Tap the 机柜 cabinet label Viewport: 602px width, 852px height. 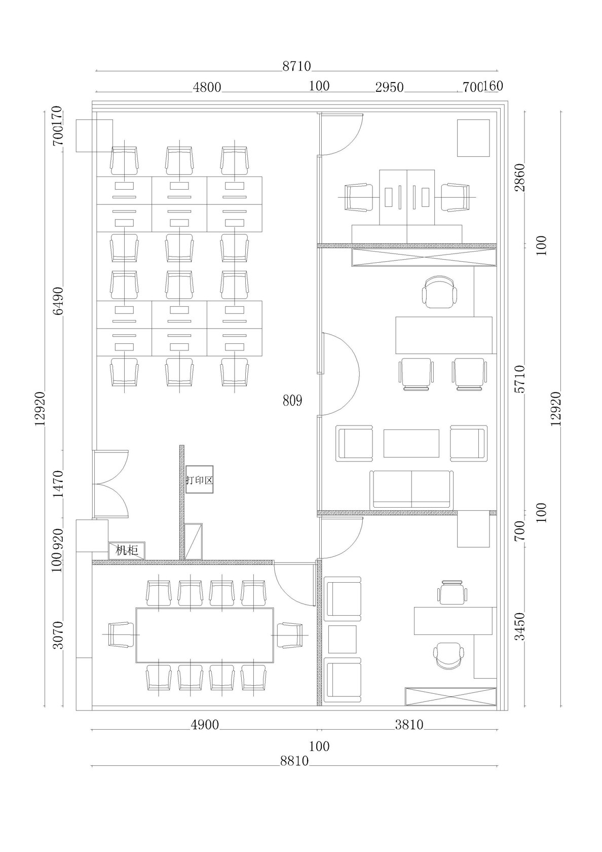pos(127,550)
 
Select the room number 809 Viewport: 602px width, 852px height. pos(292,400)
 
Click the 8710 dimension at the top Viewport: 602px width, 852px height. pos(296,66)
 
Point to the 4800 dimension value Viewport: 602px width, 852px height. pos(207,87)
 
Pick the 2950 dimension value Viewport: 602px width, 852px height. pos(389,87)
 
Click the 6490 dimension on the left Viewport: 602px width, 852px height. pos(58,301)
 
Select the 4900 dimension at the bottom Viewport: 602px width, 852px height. pos(205,725)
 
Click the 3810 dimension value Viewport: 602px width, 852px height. pos(409,725)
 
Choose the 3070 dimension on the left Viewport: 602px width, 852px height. pos(58,635)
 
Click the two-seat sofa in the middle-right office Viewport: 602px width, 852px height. pos(411,489)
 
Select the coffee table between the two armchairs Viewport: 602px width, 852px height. pos(411,443)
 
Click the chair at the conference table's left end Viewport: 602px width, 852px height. pos(121,634)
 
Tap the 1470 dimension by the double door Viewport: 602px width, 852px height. pos(58,484)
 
